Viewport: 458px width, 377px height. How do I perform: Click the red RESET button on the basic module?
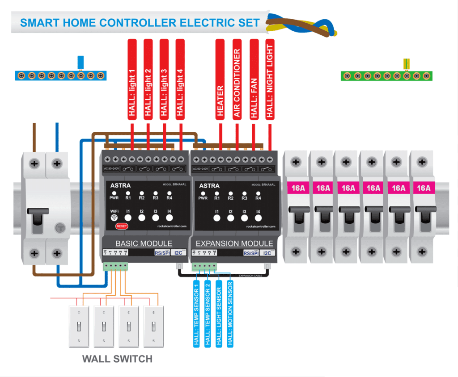pos(122,226)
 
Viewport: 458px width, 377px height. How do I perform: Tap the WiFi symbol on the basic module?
pos(114,218)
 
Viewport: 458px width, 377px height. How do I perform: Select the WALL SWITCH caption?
pos(117,359)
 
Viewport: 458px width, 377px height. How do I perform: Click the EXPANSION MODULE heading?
pos(234,243)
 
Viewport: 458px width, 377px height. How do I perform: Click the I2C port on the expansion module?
pos(268,253)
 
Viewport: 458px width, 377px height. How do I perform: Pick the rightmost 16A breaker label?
pos(424,188)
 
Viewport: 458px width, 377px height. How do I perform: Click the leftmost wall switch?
pos(79,327)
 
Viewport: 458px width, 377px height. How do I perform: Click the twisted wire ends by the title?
pos(301,25)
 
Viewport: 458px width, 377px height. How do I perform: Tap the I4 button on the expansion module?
pos(258,218)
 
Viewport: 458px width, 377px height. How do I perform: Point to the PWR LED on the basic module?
pos(114,193)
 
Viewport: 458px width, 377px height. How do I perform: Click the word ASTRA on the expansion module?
pos(209,185)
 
